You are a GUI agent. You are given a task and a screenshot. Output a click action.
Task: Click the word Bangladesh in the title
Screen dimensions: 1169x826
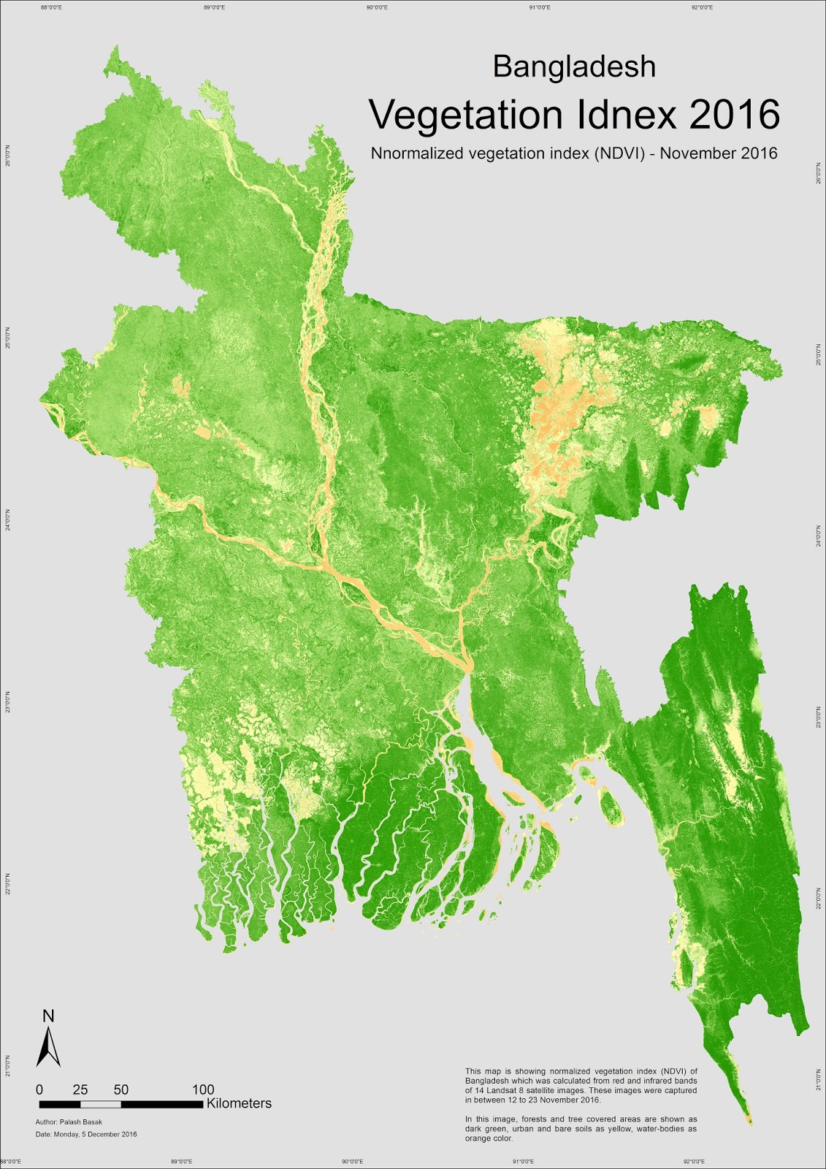(x=574, y=66)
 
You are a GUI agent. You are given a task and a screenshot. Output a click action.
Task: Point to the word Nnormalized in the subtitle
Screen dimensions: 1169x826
(x=415, y=153)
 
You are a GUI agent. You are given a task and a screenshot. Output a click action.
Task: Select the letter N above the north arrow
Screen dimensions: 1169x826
(x=48, y=1016)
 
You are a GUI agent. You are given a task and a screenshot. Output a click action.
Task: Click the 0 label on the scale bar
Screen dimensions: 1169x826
(x=39, y=1089)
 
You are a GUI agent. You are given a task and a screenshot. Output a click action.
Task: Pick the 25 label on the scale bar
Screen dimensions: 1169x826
(x=80, y=1089)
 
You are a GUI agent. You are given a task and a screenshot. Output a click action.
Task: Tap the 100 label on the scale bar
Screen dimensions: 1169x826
(x=203, y=1089)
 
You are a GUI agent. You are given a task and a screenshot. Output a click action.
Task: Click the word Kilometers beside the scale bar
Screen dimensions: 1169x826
(x=239, y=1103)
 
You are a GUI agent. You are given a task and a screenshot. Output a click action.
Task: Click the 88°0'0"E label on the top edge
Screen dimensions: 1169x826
(x=50, y=7)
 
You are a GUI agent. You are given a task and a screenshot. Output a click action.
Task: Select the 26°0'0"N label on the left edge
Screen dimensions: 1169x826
(x=8, y=154)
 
